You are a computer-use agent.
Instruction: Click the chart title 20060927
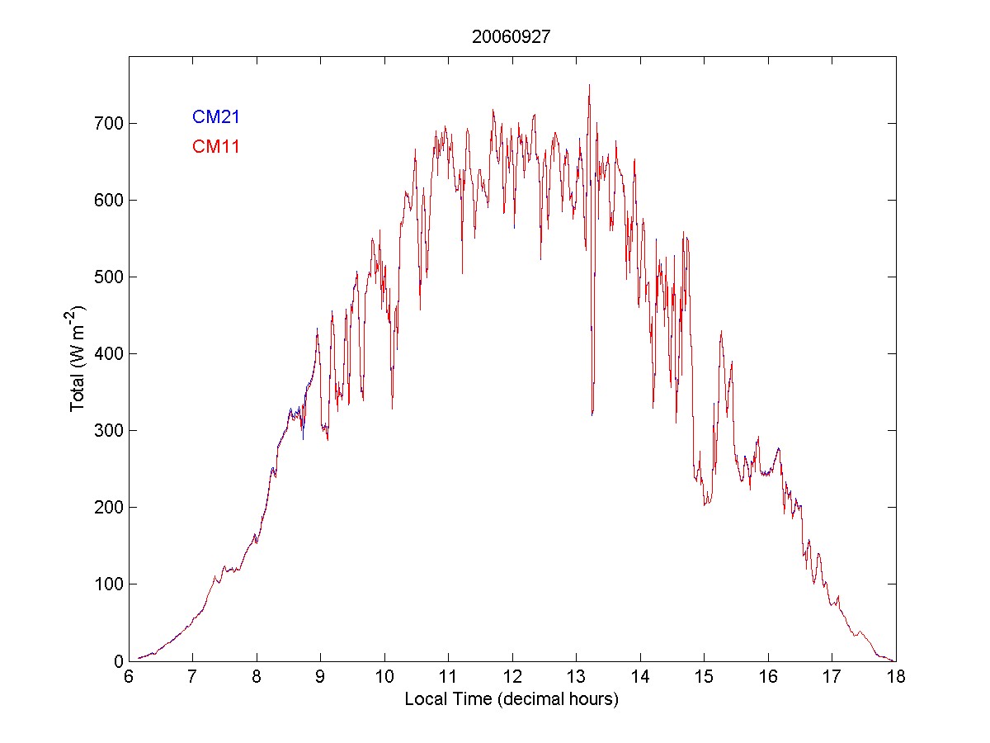pos(511,37)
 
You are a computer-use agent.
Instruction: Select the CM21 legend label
pos(215,117)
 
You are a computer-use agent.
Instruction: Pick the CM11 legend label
pos(215,147)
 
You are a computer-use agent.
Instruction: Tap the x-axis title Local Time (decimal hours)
pos(511,699)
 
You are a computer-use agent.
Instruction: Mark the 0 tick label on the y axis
pos(114,661)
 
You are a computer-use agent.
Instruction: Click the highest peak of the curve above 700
pos(589,84)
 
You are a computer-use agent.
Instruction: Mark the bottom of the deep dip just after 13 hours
pos(592,414)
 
